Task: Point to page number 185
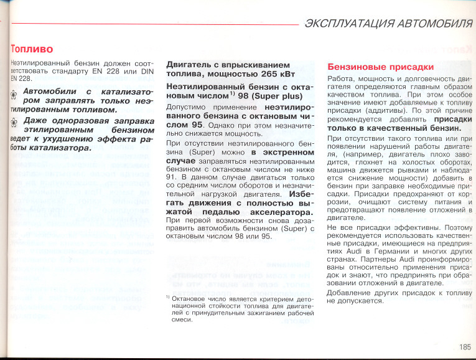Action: coord(465,347)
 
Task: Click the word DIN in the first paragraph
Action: coord(146,73)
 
